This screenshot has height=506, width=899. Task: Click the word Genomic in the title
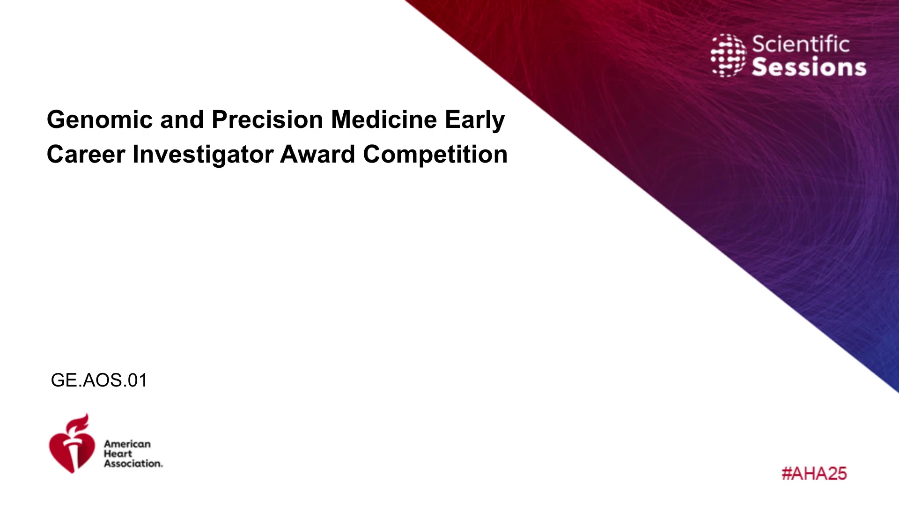pos(100,119)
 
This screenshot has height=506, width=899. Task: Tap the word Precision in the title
pos(267,119)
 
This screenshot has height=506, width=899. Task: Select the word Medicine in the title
pos(384,119)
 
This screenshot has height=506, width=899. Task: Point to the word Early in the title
pos(475,120)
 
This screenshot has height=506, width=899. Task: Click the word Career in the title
pos(86,154)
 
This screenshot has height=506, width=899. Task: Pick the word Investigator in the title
pos(203,155)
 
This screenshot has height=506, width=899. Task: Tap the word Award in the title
pos(317,154)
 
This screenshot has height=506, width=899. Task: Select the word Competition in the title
pos(435,155)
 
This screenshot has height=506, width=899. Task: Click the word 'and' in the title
pos(182,119)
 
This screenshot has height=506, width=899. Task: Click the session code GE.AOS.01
pos(99,380)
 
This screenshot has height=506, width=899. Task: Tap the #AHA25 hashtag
pos(814,473)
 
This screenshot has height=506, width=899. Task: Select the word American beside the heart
pos(127,444)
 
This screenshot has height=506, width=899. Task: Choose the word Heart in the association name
pos(118,454)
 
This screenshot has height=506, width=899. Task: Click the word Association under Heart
pos(133,463)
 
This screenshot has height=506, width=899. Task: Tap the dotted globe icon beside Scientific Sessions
pos(728,55)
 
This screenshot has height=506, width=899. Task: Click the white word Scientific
pos(801,44)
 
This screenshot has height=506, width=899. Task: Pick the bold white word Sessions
pos(809,67)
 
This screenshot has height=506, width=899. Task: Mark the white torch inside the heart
pos(74,452)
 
